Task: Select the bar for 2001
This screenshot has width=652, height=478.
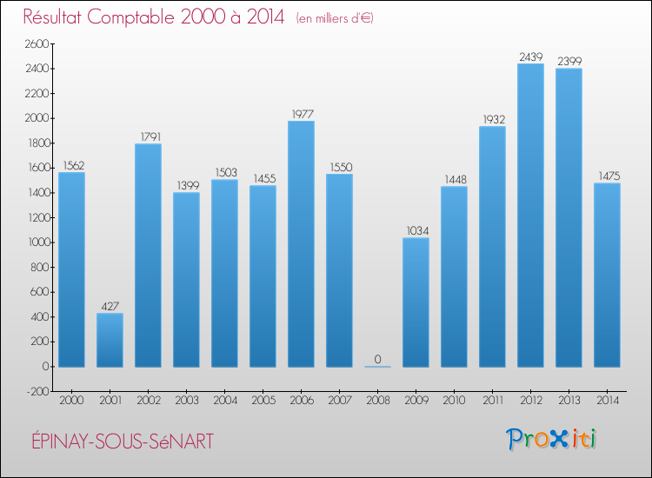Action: click(110, 340)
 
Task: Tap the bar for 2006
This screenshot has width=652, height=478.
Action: click(301, 244)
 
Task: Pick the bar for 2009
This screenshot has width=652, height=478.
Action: click(416, 302)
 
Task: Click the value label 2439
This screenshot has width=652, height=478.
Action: click(530, 56)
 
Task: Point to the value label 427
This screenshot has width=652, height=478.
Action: click(110, 306)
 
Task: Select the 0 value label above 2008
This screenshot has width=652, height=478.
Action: click(377, 359)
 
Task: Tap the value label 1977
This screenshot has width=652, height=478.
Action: click(301, 114)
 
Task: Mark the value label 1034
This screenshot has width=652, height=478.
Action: click(416, 231)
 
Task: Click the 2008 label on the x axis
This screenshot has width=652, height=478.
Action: click(377, 400)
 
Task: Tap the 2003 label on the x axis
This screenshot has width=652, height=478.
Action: click(186, 400)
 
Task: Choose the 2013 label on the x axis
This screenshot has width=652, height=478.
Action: click(569, 400)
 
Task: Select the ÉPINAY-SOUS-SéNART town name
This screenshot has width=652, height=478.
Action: click(117, 441)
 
